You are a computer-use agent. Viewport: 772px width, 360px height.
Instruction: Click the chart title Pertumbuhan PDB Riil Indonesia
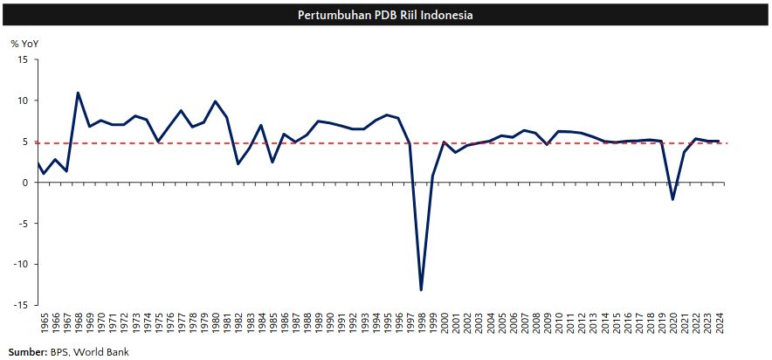(x=385, y=15)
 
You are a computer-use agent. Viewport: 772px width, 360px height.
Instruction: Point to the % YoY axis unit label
(x=24, y=43)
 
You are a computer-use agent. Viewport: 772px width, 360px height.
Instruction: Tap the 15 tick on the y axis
(x=23, y=59)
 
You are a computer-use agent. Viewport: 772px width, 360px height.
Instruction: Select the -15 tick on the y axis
(x=20, y=305)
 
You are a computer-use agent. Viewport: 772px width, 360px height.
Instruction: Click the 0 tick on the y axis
(x=25, y=183)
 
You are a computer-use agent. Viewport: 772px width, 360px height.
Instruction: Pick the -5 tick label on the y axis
(x=23, y=223)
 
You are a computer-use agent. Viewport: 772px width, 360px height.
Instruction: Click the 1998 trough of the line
(x=421, y=289)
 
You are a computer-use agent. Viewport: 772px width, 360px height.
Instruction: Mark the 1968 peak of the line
(x=78, y=93)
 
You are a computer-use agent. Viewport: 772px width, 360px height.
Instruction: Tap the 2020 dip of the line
(x=672, y=199)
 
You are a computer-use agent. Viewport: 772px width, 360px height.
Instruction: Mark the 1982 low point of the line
(x=238, y=163)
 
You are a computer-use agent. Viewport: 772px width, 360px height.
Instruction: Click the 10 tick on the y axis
(x=23, y=100)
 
